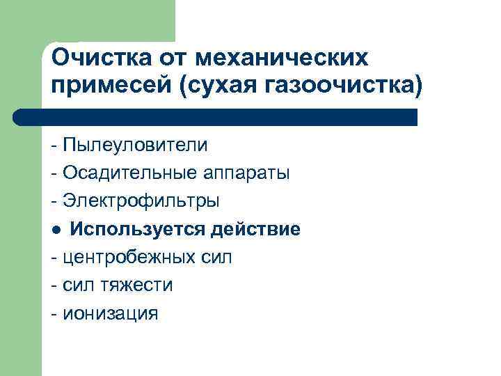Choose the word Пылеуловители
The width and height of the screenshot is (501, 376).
tap(135, 145)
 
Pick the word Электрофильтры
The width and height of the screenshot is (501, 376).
tap(141, 201)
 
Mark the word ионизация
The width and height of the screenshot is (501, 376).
tap(111, 313)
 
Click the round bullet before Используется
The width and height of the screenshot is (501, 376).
tap(56, 230)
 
